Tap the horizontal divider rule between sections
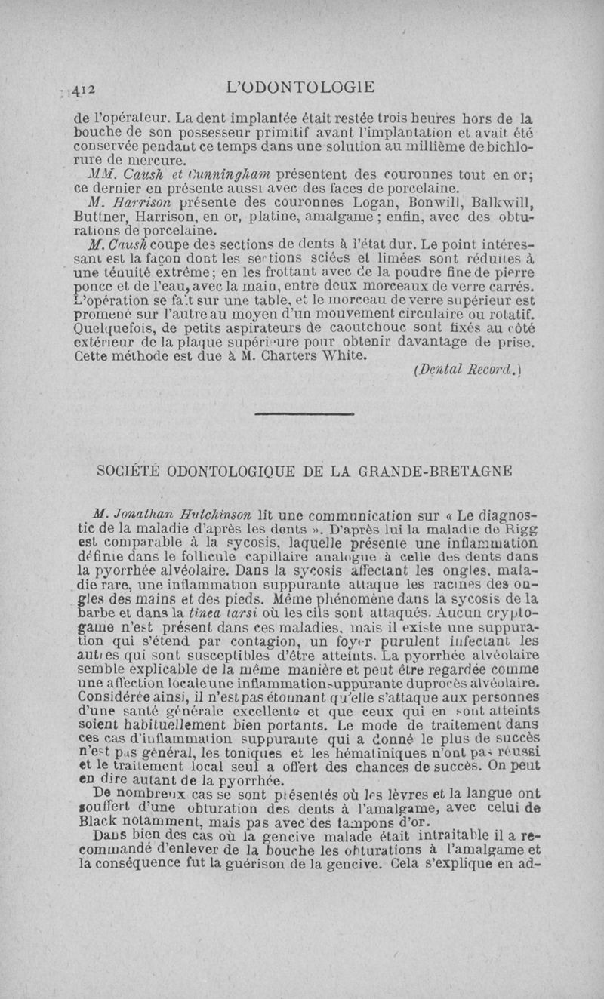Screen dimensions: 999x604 [304, 414]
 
